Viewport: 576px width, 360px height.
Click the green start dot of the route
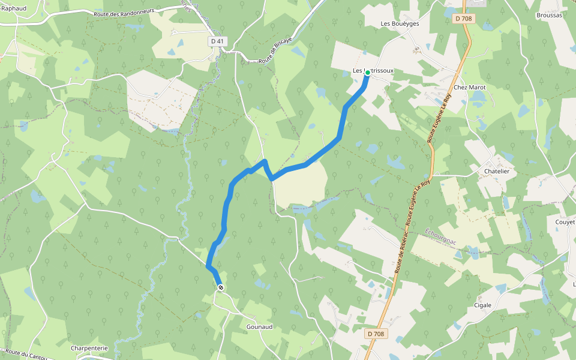[x=368, y=72]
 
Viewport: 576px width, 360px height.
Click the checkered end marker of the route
[x=221, y=288]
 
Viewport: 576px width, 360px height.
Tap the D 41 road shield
[x=217, y=41]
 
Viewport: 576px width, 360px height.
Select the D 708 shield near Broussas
[x=463, y=19]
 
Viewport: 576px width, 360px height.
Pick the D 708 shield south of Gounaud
[x=376, y=334]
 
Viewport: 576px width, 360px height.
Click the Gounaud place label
[x=260, y=327]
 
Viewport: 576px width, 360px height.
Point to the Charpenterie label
[x=89, y=348]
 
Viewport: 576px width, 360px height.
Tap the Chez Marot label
[x=469, y=87]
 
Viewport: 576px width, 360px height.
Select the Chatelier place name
[x=496, y=171]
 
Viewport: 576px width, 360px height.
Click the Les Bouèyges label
[x=400, y=23]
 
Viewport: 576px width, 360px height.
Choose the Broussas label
[x=550, y=15]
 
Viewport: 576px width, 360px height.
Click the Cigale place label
[x=482, y=305]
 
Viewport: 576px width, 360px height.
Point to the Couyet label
[x=565, y=222]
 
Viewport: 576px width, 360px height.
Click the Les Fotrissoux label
[x=373, y=70]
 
